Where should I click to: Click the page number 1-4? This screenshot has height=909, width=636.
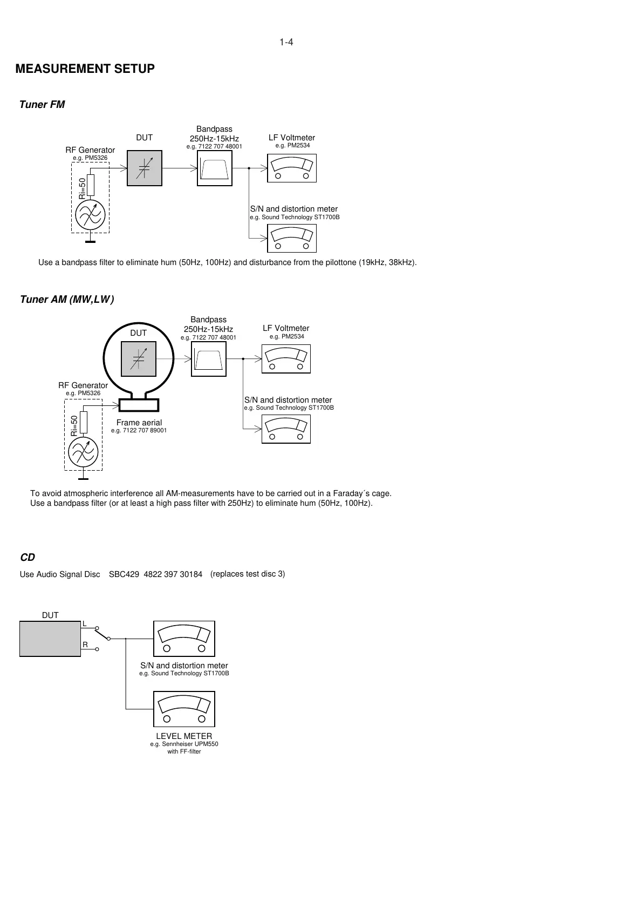click(286, 43)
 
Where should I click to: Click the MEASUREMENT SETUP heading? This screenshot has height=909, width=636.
click(85, 69)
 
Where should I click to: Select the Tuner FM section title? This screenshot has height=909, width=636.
click(42, 105)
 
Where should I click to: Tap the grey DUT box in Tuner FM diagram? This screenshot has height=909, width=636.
click(145, 168)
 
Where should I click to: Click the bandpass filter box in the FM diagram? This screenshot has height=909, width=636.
click(215, 168)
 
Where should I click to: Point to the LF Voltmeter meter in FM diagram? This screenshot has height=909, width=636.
click(292, 168)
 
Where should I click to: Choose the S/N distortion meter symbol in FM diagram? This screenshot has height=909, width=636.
click(292, 238)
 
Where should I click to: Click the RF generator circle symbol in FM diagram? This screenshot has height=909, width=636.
click(90, 215)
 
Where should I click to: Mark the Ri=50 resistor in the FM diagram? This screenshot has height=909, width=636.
click(90, 185)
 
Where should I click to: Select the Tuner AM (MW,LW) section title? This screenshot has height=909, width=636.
click(67, 300)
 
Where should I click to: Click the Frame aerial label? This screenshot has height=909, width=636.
click(139, 423)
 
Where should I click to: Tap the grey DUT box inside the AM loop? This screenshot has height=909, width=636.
click(139, 358)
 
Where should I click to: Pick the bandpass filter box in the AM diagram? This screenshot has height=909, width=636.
click(209, 359)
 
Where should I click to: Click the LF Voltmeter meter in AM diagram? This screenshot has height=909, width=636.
click(286, 359)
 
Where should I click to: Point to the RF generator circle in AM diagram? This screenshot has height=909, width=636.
click(83, 452)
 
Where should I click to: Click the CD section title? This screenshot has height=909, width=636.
click(28, 558)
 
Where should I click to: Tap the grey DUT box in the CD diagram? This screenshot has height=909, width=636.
click(50, 639)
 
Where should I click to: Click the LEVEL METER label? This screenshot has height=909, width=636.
click(184, 736)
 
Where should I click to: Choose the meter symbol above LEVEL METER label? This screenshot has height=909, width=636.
click(184, 709)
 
